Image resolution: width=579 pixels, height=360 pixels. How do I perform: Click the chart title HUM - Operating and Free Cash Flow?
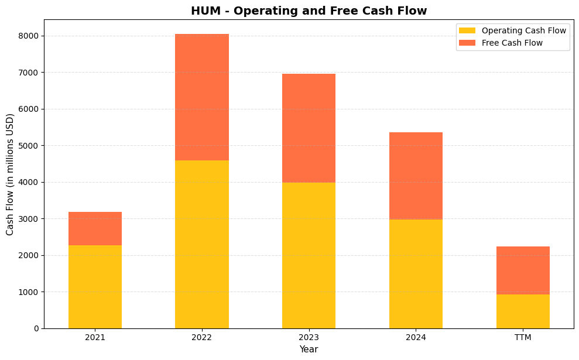click(309, 11)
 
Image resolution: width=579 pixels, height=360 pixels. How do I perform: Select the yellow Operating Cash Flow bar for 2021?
click(95, 287)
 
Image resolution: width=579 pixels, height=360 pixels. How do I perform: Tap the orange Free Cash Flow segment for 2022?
click(202, 97)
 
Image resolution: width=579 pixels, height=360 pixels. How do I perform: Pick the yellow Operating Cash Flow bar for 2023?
click(309, 255)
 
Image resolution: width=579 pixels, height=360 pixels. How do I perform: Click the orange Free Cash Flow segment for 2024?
click(416, 176)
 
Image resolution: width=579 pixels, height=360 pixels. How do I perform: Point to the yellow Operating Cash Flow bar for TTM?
click(523, 311)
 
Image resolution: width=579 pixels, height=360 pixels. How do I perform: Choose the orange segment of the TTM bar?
click(523, 270)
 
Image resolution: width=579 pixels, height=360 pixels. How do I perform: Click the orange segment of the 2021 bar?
click(95, 228)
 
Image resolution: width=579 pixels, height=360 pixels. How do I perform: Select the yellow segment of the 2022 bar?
click(202, 244)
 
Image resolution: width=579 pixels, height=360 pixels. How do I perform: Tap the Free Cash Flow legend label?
click(512, 43)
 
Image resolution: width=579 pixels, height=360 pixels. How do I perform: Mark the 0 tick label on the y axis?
click(36, 328)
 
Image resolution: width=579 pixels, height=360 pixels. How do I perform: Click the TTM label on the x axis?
click(523, 337)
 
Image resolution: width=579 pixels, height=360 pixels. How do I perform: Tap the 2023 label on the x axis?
click(309, 337)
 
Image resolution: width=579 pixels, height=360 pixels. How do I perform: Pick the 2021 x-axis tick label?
click(95, 337)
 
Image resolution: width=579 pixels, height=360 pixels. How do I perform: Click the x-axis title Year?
click(309, 349)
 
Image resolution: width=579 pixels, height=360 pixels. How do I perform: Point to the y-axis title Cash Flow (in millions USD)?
click(10, 174)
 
